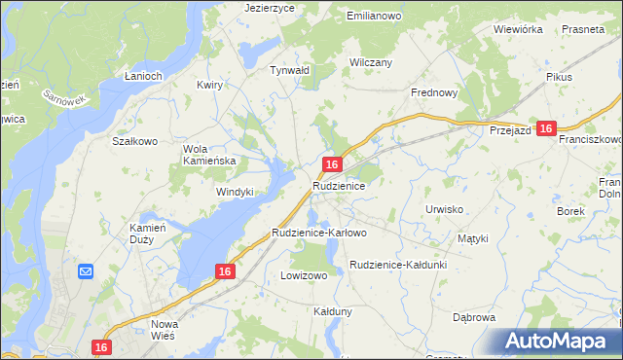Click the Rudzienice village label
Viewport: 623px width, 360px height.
339,185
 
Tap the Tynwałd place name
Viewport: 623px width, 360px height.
289,70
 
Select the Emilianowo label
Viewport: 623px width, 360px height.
375,17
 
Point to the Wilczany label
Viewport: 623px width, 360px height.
371,62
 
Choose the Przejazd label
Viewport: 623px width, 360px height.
509,130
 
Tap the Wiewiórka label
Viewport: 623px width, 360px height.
518,29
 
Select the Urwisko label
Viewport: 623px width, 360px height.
444,209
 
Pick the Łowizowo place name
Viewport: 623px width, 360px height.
304,275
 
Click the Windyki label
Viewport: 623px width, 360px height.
235,192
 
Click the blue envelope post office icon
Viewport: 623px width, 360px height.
85,271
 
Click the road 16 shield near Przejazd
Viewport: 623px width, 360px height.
546,128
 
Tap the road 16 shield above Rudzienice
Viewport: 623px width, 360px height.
333,165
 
